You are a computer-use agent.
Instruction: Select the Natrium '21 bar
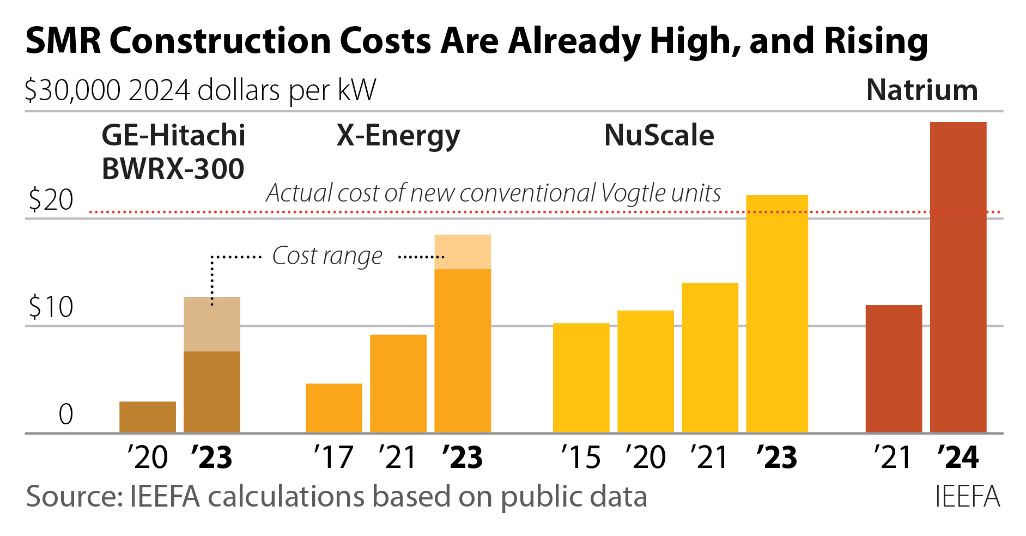(894, 369)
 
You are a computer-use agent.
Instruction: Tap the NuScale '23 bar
(776, 314)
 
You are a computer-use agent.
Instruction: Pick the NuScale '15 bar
(581, 377)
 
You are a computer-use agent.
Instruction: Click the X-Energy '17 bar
(333, 408)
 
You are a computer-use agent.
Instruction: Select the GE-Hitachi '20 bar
(147, 417)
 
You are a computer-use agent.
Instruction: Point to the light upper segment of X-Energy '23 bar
(462, 252)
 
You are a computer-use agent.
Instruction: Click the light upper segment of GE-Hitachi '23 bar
(211, 324)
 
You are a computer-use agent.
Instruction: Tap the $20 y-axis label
(51, 200)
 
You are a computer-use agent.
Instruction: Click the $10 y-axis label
(51, 307)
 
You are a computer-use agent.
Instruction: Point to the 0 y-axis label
(65, 415)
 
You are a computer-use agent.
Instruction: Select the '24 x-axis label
(957, 458)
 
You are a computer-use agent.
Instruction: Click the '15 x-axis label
(580, 458)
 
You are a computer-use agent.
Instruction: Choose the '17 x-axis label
(333, 458)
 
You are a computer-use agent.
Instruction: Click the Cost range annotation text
(327, 256)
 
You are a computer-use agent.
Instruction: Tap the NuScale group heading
(659, 136)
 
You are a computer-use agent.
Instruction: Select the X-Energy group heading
(398, 136)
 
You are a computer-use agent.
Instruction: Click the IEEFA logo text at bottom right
(967, 497)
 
